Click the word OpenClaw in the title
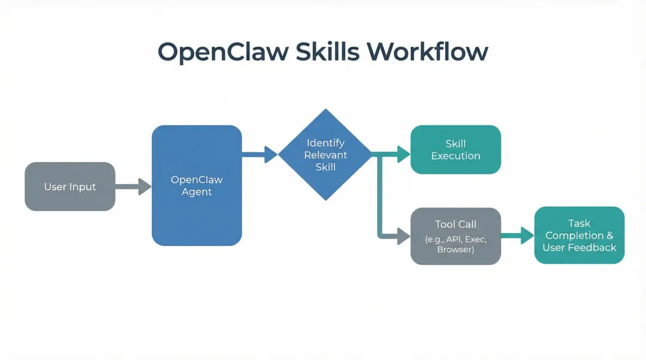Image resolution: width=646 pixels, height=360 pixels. click(222, 53)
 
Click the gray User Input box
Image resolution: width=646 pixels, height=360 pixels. click(70, 187)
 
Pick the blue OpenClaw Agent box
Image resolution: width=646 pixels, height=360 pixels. click(197, 185)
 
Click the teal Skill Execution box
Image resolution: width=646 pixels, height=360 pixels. click(455, 150)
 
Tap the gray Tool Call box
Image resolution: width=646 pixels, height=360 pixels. click(455, 236)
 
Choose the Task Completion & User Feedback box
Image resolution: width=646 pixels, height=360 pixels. click(579, 235)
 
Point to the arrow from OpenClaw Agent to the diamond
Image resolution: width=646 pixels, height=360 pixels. click(260, 154)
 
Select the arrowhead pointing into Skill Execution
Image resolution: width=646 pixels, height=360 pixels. click(404, 154)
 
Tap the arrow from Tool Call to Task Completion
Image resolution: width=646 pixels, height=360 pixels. click(517, 236)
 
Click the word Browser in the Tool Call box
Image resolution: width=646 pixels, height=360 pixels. click(455, 249)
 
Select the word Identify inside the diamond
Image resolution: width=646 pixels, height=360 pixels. click(325, 143)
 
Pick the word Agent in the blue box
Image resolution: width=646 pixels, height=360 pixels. click(197, 192)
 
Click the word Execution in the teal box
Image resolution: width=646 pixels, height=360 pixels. click(456, 156)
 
